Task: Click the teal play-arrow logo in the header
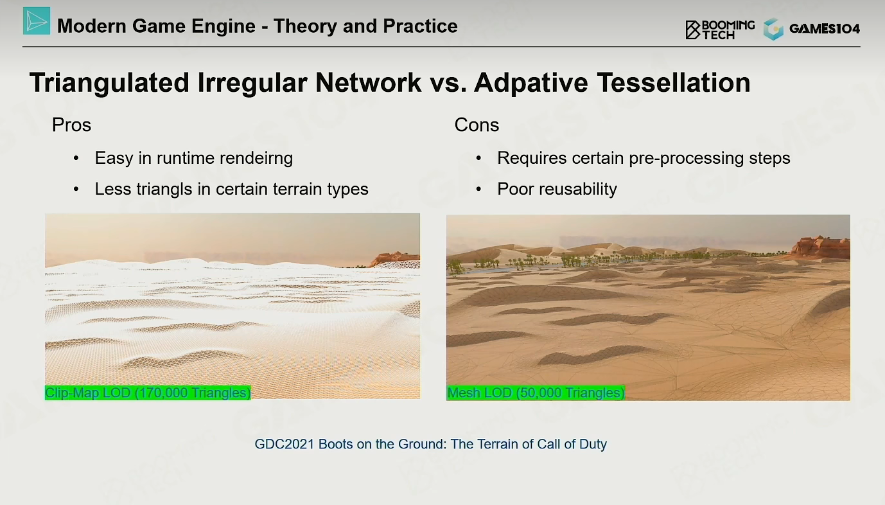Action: [37, 21]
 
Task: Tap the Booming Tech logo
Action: [720, 30]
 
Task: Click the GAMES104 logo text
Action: [824, 29]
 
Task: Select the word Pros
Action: [71, 125]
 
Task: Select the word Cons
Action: [477, 125]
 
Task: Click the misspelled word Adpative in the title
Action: [531, 83]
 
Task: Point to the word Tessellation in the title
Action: [674, 82]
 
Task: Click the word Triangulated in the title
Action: [109, 83]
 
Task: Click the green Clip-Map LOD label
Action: [148, 393]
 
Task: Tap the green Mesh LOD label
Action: [536, 393]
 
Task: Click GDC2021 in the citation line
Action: [285, 444]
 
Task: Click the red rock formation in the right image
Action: [821, 247]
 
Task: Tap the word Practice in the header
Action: [420, 26]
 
